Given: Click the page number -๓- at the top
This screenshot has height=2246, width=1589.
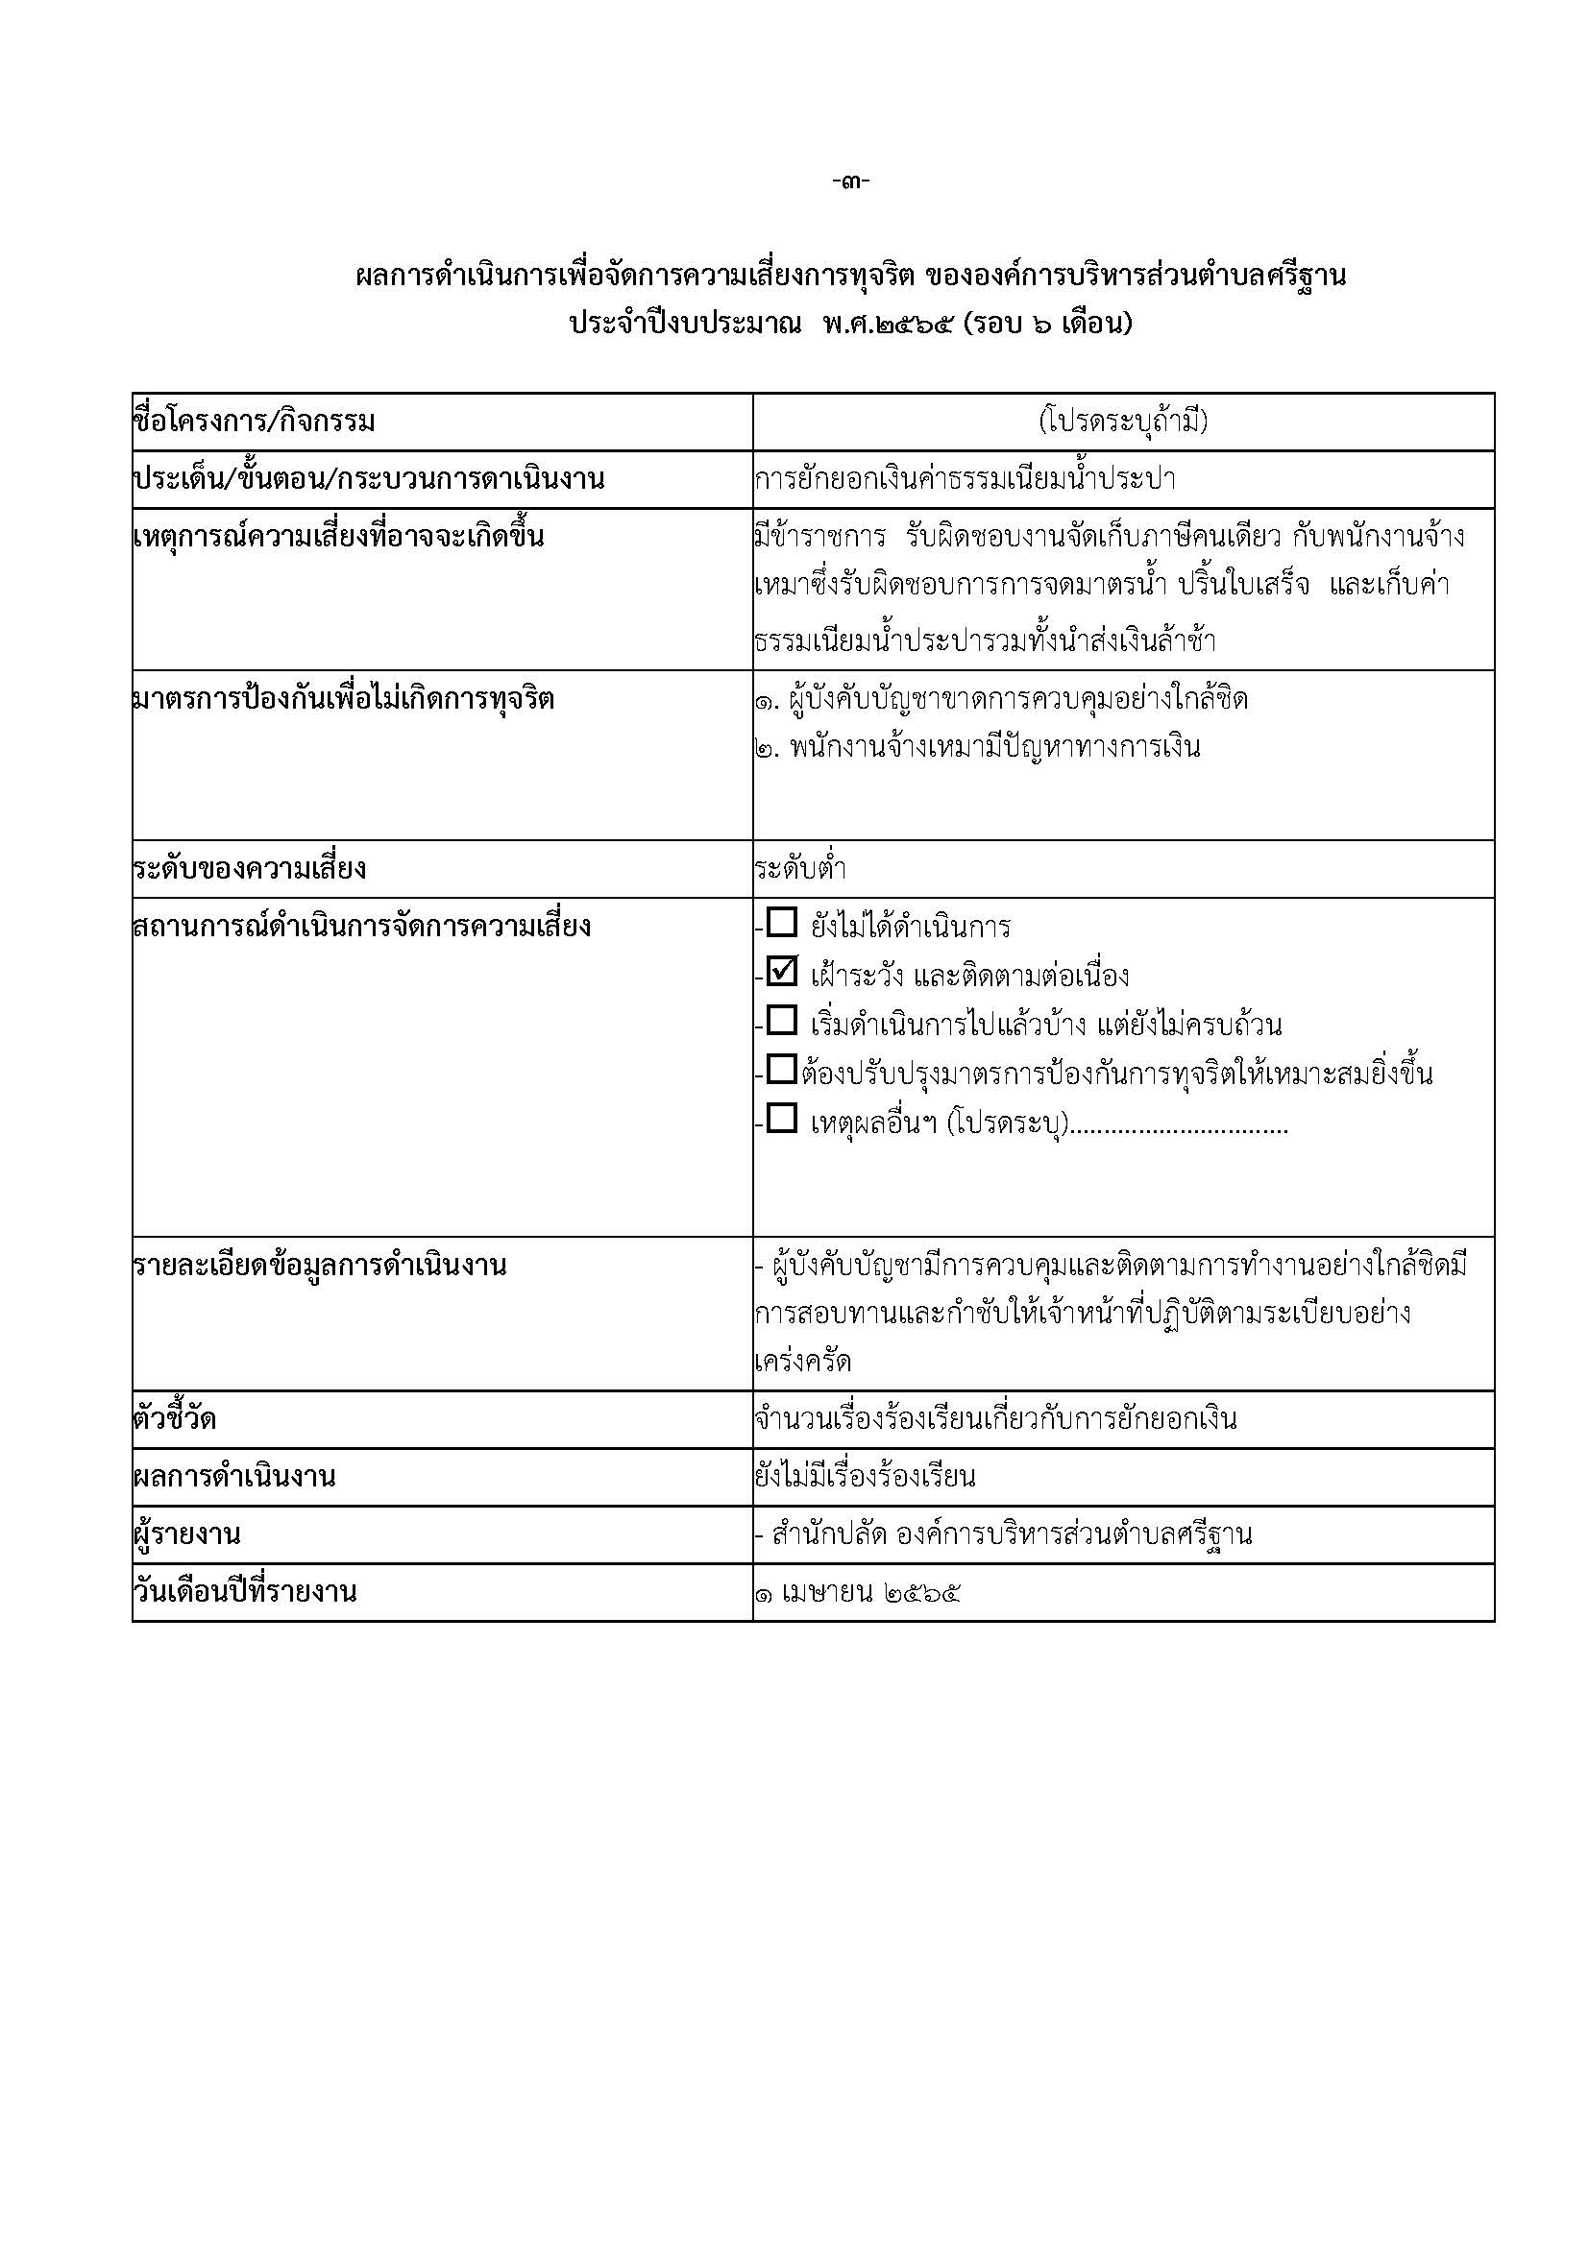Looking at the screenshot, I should [850, 181].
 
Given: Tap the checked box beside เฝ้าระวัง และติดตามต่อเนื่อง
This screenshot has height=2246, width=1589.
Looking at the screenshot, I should [783, 973].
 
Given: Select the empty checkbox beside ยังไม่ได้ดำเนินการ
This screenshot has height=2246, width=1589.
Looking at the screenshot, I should [783, 924].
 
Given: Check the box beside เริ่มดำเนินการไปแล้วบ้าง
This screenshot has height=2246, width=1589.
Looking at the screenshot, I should [783, 1022].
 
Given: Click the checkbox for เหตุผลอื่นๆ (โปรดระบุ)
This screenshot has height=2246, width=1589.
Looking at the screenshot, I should [783, 1119].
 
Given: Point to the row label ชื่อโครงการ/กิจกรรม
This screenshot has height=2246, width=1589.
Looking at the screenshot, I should [255, 423].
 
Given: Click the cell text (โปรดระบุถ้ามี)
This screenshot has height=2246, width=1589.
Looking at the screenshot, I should [1123, 422].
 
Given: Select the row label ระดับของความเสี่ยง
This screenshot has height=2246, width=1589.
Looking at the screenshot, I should [250, 869].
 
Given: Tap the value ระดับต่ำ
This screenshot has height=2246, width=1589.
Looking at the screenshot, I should [800, 869].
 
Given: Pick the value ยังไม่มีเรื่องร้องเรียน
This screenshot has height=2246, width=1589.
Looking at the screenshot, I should [865, 1476].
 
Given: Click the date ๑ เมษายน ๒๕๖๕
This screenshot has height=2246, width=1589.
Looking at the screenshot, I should [857, 1592].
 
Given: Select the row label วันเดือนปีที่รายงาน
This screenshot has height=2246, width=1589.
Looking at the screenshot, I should [245, 1591].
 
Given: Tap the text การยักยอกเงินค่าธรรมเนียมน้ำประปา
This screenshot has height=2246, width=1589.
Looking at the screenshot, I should [965, 480].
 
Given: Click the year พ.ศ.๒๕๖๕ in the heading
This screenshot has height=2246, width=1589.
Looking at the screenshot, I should [888, 324].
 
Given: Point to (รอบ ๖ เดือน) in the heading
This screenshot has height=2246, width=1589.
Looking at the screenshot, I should [1047, 324].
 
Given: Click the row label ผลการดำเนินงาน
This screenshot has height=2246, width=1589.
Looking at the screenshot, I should [233, 1477].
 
